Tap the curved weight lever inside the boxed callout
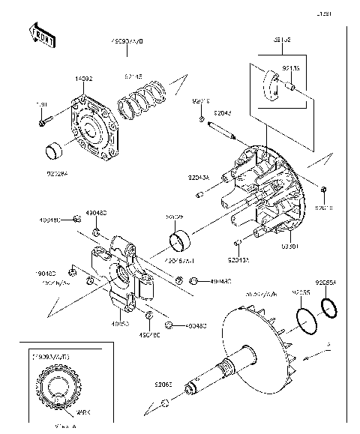(271, 82)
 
